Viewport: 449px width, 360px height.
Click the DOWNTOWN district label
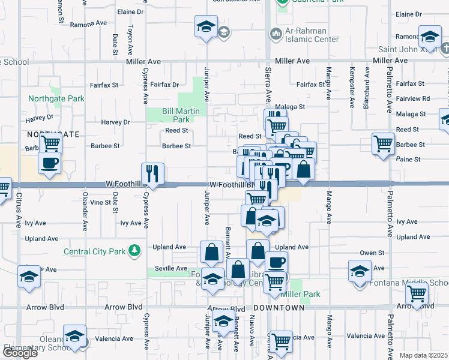(x=279, y=307)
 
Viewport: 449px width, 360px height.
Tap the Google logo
(x=20, y=353)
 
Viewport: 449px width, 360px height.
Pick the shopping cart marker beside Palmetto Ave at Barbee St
(x=383, y=144)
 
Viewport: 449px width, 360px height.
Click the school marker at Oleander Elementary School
(x=75, y=336)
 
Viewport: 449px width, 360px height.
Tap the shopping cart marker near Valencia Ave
(x=280, y=342)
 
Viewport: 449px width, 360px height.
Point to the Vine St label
(x=101, y=203)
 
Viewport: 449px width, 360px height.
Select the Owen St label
(x=372, y=253)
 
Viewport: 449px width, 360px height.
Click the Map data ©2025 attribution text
(x=424, y=355)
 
